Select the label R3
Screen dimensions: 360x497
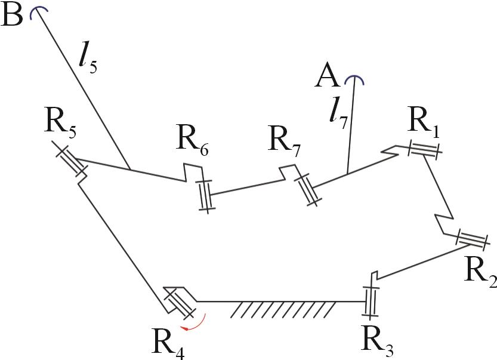point(377,339)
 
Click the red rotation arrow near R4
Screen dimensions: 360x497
point(197,323)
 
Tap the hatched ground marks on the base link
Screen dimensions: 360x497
point(283,309)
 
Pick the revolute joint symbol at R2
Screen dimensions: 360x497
point(473,239)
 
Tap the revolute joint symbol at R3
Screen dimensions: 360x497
point(370,301)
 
